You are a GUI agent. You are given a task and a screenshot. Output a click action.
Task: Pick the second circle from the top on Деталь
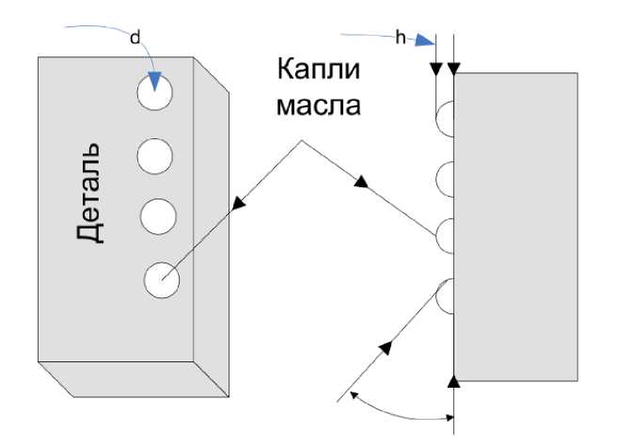pyautogui.click(x=154, y=154)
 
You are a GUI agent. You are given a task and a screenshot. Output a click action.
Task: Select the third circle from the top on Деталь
pyautogui.click(x=158, y=215)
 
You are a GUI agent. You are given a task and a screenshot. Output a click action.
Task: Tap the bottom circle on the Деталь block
pyautogui.click(x=162, y=278)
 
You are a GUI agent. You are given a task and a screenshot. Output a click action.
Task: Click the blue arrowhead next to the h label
pyautogui.click(x=428, y=40)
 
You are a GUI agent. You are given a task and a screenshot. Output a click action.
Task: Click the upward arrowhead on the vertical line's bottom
pyautogui.click(x=454, y=379)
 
